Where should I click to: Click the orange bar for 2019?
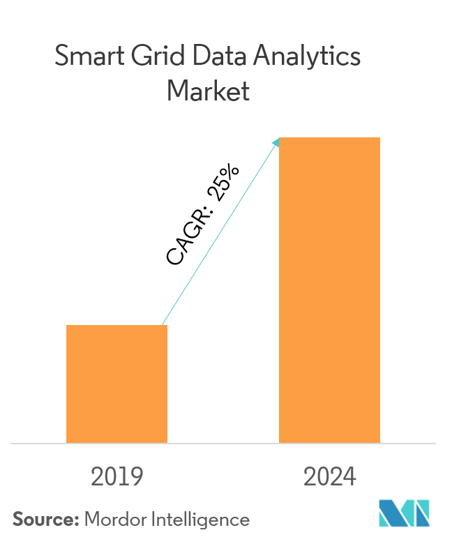[x=116, y=384]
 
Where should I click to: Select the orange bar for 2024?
[x=329, y=289]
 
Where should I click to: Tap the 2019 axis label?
[x=117, y=477]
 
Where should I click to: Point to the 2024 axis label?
[x=330, y=477]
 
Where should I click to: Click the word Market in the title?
[x=208, y=91]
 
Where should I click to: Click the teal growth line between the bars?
[x=220, y=233]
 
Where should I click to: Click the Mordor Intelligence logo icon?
[x=404, y=513]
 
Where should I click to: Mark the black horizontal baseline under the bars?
[x=223, y=443]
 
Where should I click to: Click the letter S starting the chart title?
[x=61, y=56]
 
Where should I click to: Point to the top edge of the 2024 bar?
[x=329, y=138]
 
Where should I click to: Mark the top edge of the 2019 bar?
[x=116, y=326]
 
